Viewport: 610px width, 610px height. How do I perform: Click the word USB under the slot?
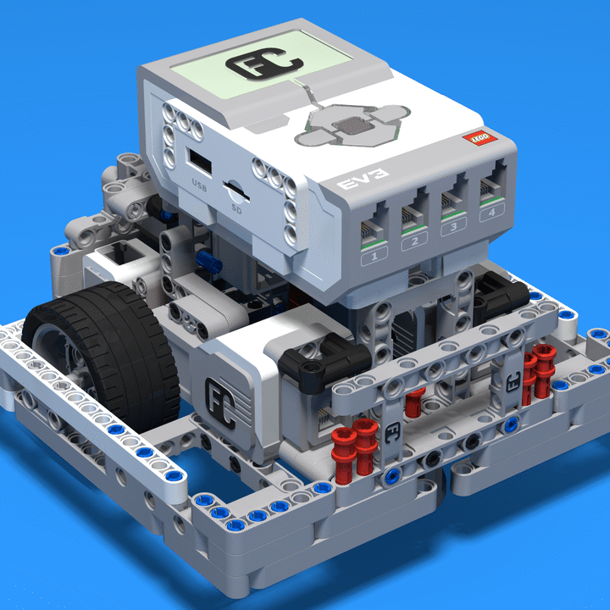tap(199, 183)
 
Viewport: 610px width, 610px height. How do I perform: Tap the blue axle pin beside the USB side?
tap(206, 260)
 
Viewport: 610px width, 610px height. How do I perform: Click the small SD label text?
tap(236, 203)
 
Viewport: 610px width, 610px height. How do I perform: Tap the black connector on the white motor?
tap(313, 356)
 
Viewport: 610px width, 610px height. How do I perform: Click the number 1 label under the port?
tap(375, 254)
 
